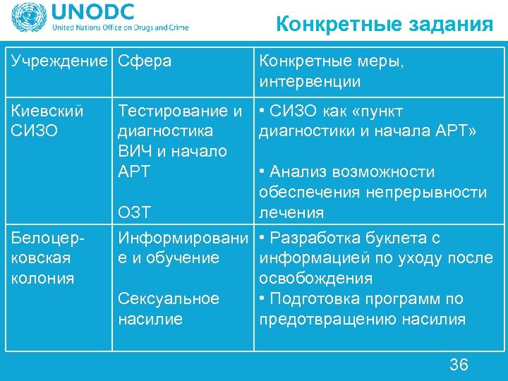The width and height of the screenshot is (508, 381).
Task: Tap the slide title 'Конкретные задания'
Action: coord(384,25)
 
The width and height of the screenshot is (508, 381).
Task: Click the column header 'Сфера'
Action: coord(145,61)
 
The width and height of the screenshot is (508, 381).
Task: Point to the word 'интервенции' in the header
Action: coord(310,82)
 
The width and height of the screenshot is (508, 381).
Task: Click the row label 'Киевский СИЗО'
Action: coord(47,121)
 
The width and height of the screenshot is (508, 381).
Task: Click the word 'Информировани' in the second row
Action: coord(183,238)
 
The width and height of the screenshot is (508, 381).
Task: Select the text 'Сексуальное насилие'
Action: coord(169,309)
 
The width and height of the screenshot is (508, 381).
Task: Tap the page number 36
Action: coord(459,364)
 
